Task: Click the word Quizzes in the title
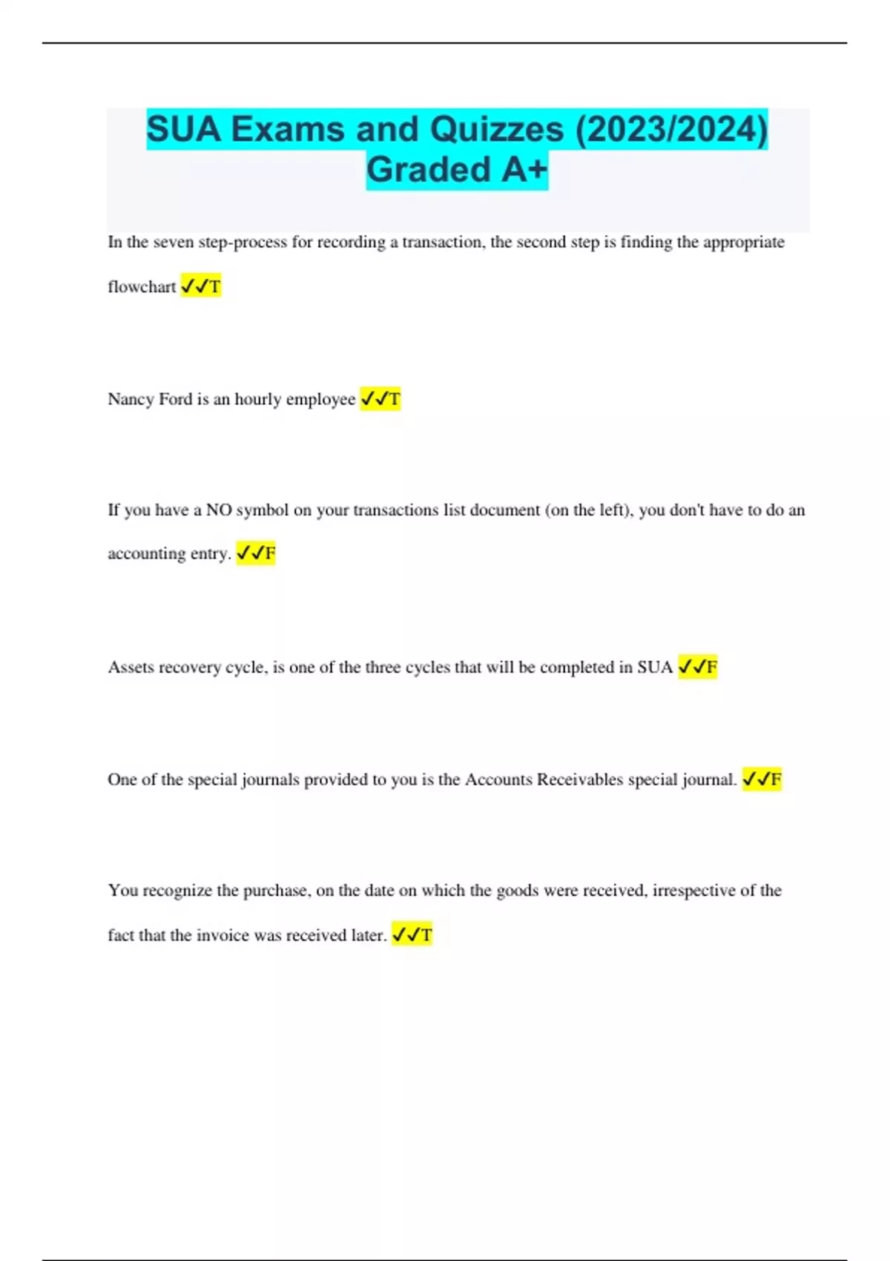(496, 129)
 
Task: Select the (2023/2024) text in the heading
(671, 129)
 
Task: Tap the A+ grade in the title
(524, 169)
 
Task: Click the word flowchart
(142, 286)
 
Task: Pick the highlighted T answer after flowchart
(201, 286)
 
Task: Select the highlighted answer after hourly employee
(380, 399)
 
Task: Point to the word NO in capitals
(218, 510)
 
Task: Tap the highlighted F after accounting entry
(256, 553)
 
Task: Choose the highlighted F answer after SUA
(698, 667)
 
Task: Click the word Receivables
(580, 780)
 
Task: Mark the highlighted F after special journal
(762, 780)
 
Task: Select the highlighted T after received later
(412, 935)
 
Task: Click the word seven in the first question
(174, 242)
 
